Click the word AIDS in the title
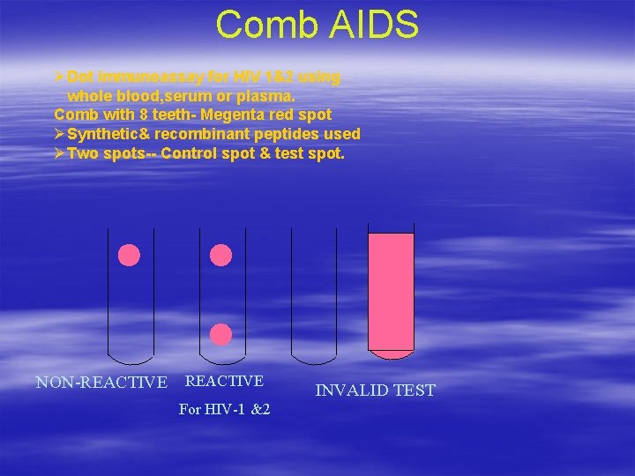[x=371, y=25]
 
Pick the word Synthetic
[x=103, y=134]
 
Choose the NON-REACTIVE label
[x=101, y=383]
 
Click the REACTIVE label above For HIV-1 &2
[x=224, y=381]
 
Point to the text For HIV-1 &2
[x=224, y=410]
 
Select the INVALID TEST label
[x=376, y=390]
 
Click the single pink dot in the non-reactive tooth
[x=130, y=256]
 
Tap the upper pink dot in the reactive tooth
[x=221, y=256]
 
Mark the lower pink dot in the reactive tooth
[x=221, y=334]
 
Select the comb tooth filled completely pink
[x=391, y=291]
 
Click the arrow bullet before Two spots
[x=59, y=153]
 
